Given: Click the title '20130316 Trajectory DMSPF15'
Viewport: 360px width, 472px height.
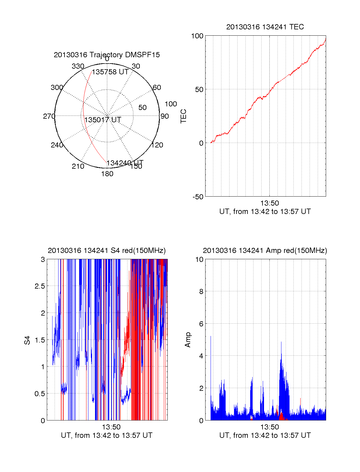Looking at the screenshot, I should pos(107,55).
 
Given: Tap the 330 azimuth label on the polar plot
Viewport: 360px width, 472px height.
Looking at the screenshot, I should pos(78,66).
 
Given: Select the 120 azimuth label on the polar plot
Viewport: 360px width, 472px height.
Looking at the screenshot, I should pos(157,145).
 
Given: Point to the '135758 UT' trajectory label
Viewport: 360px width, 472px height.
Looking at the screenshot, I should pos(110,72).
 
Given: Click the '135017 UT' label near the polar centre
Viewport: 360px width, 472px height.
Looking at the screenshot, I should pos(103,120).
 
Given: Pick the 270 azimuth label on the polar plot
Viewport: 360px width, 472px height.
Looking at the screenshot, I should pos(49,116).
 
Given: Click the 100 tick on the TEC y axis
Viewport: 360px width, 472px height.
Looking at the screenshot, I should pos(197,36).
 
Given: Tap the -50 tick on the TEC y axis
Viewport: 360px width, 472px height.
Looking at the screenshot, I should pos(198,197).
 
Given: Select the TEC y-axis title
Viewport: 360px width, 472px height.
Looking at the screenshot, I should pos(183,116).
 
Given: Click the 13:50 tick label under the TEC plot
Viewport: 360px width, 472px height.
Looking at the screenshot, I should pos(269,203).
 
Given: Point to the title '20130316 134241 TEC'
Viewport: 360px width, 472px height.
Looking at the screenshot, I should pos(265,27).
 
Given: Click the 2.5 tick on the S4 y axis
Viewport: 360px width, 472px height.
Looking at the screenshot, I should pos(40,286).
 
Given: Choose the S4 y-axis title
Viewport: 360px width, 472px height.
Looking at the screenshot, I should pos(27,340).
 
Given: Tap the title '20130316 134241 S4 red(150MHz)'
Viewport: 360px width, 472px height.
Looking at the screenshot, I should pos(107,251).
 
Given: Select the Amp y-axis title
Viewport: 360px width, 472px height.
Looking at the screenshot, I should pos(188,340).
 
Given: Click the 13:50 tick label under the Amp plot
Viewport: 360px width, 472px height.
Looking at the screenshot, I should pos(269,427).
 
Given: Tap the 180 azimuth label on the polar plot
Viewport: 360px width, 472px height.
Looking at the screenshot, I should pos(107,174).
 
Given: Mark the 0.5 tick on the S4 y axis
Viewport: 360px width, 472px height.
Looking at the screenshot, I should pos(40,393).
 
